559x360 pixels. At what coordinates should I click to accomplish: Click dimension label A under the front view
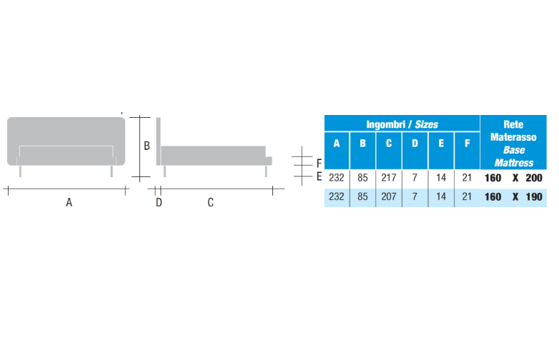[69, 203]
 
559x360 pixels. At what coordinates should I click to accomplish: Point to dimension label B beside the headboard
[147, 146]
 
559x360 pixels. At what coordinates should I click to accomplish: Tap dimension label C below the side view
[211, 203]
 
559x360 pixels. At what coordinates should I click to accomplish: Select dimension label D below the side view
[159, 203]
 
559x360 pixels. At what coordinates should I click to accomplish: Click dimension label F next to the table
[319, 164]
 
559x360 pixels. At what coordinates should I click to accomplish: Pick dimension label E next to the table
[319, 176]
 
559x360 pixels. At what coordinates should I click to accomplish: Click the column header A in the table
[337, 143]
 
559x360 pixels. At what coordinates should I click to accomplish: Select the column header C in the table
[389, 143]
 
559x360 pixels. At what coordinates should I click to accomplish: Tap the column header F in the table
[467, 143]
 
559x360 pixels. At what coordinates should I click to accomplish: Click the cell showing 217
[389, 178]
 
